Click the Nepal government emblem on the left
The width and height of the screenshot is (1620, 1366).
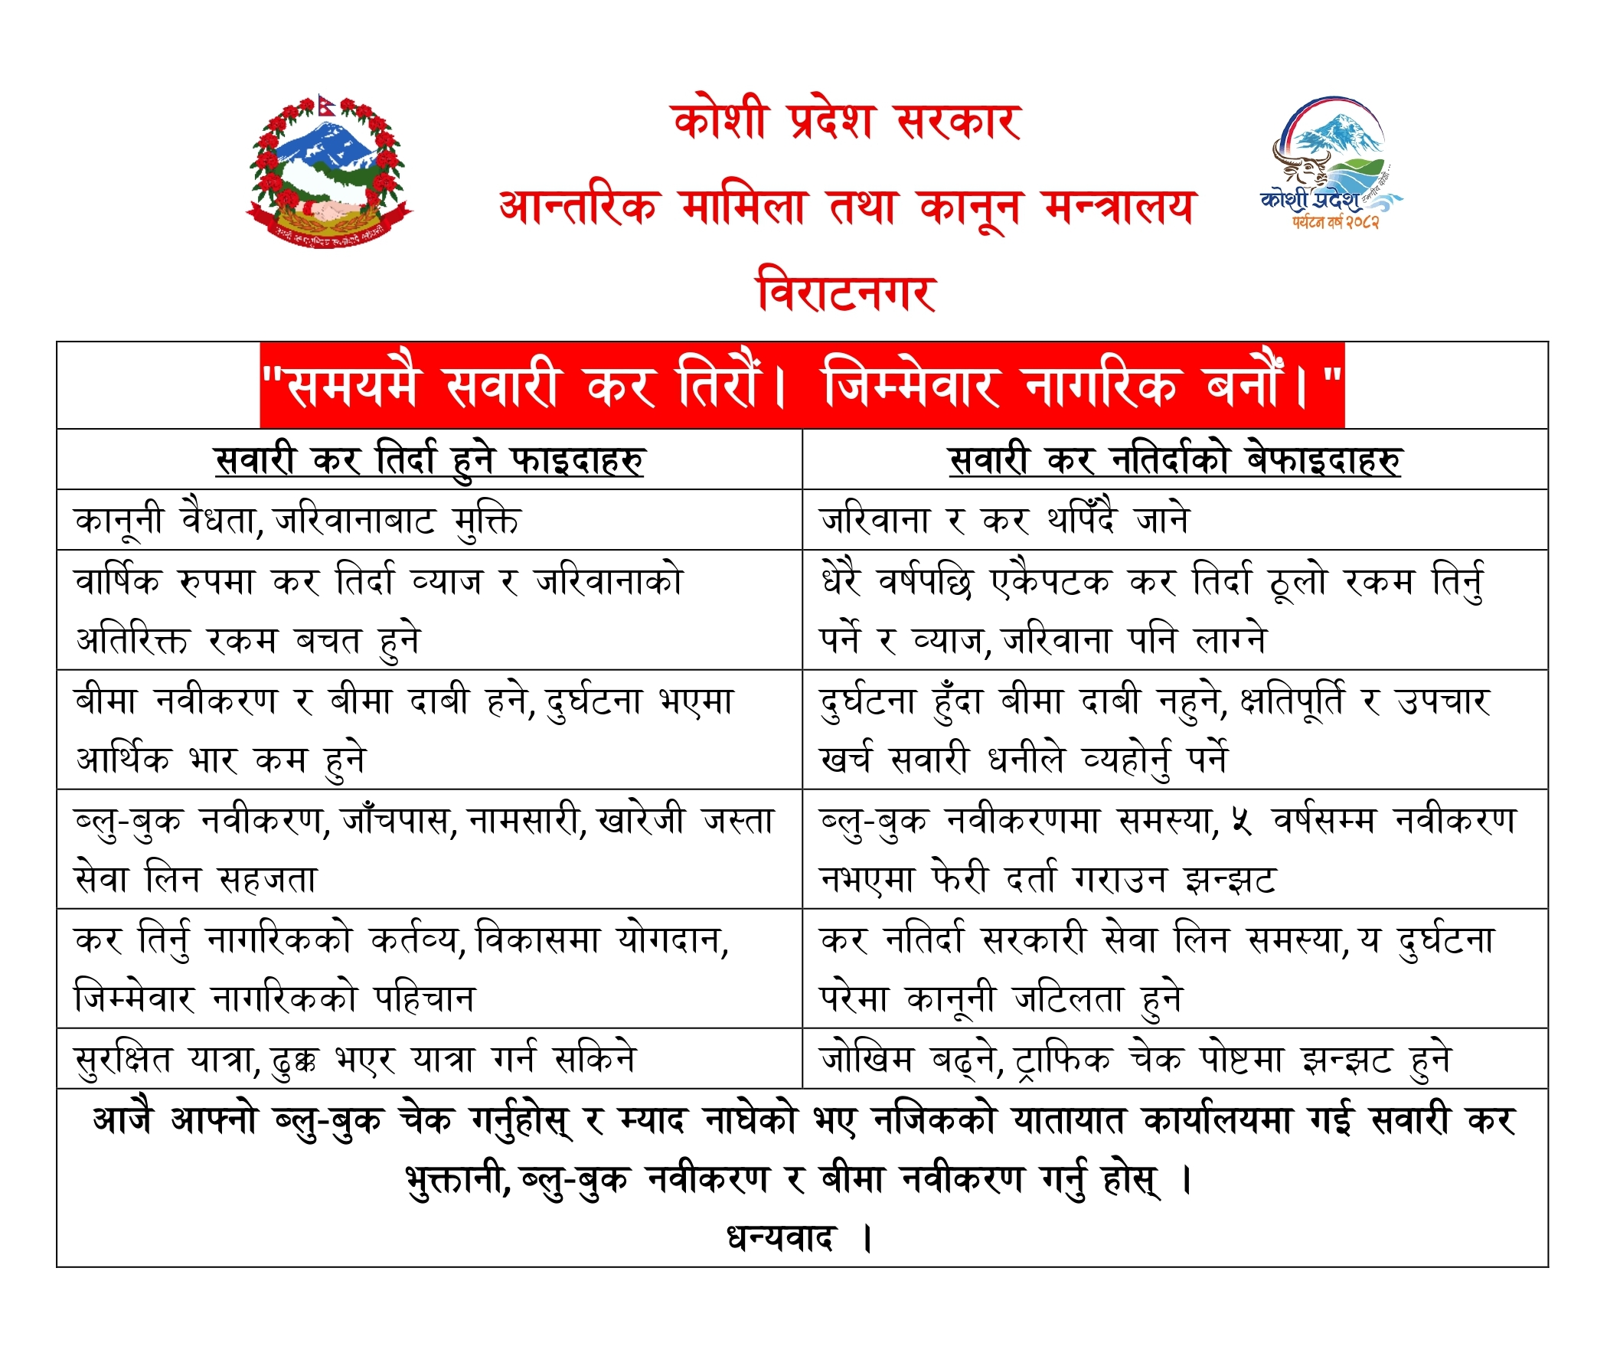[x=328, y=172]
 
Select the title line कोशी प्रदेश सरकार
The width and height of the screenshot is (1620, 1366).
[x=847, y=122]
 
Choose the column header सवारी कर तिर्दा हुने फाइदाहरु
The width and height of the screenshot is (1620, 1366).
[x=429, y=460]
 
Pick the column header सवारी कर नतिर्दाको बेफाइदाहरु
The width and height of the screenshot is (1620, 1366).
[x=1174, y=460]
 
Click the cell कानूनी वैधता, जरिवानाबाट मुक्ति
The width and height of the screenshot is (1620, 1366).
[x=297, y=521]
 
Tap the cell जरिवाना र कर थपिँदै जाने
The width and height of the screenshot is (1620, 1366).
[x=1004, y=521]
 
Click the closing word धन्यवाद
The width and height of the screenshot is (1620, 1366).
[x=781, y=1238]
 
